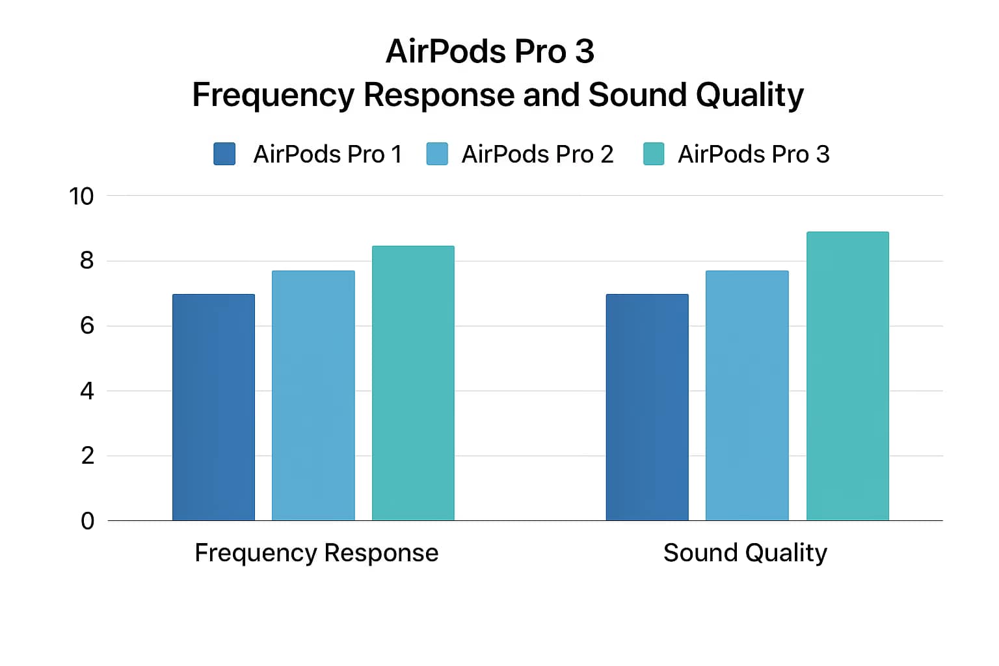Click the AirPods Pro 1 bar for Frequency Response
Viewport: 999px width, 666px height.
click(213, 407)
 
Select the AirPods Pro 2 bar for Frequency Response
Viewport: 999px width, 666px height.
click(313, 395)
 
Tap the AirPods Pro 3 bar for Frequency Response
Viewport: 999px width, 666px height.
click(413, 383)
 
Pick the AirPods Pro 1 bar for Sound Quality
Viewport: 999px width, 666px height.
click(647, 407)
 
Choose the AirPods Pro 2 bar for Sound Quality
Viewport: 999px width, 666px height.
click(747, 395)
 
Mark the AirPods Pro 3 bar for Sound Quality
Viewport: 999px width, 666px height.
click(847, 376)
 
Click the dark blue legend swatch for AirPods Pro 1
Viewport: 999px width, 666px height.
click(224, 154)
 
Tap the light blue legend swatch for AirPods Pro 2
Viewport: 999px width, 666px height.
click(437, 154)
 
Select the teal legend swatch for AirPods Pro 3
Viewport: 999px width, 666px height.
click(654, 154)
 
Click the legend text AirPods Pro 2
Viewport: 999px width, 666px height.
click(537, 154)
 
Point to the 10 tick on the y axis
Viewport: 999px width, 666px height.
click(81, 196)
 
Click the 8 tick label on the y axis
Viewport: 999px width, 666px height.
click(87, 261)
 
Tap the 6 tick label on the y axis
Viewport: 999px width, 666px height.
click(87, 326)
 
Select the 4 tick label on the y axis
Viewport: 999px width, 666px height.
click(87, 391)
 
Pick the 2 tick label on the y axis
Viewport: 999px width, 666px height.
click(87, 456)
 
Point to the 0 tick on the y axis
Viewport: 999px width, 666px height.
click(87, 521)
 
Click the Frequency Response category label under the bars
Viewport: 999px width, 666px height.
click(316, 553)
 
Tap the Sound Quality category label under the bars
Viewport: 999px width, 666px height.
click(745, 553)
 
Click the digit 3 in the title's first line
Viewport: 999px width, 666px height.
click(584, 51)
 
